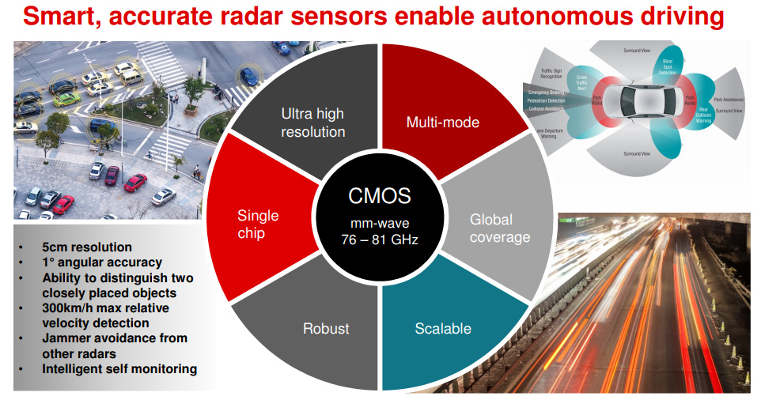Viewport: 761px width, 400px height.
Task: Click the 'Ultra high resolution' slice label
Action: tap(312, 123)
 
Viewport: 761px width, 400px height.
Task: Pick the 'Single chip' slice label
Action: tap(258, 225)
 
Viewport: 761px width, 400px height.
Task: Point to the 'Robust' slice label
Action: tap(326, 328)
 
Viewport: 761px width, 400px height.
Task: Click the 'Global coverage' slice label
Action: tap(499, 228)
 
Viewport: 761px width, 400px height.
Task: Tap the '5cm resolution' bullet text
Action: tap(87, 247)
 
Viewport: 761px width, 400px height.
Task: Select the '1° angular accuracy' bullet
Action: tap(101, 262)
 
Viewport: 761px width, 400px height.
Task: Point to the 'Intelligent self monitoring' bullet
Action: tap(119, 368)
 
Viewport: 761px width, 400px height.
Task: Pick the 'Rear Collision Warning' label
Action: tap(703, 114)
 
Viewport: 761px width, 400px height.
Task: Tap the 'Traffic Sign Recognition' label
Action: tap(551, 74)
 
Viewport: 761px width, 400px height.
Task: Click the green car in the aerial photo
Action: tap(66, 99)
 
